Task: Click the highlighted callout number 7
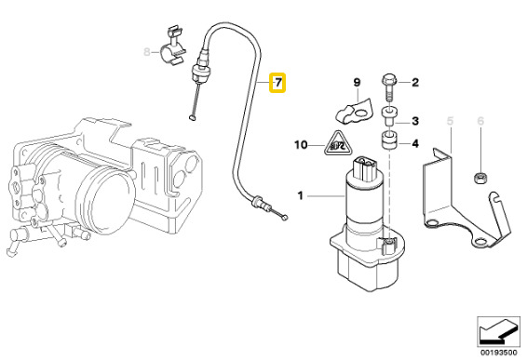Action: (x=277, y=83)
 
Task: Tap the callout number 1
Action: (x=301, y=195)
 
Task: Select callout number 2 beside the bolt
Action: (x=415, y=82)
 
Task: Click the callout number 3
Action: (x=415, y=121)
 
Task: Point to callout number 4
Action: (x=416, y=144)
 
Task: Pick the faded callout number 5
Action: (x=451, y=121)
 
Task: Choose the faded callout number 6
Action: (x=480, y=121)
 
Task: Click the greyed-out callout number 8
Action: (x=147, y=52)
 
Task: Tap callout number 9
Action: (x=357, y=82)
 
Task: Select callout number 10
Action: (x=301, y=145)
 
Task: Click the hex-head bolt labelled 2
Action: (x=389, y=87)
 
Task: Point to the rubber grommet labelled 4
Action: (x=389, y=140)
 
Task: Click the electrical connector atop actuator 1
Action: (x=364, y=168)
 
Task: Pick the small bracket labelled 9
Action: (x=355, y=111)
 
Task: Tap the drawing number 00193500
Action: (x=498, y=353)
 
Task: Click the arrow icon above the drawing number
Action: (x=498, y=332)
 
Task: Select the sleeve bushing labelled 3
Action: (x=389, y=116)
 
